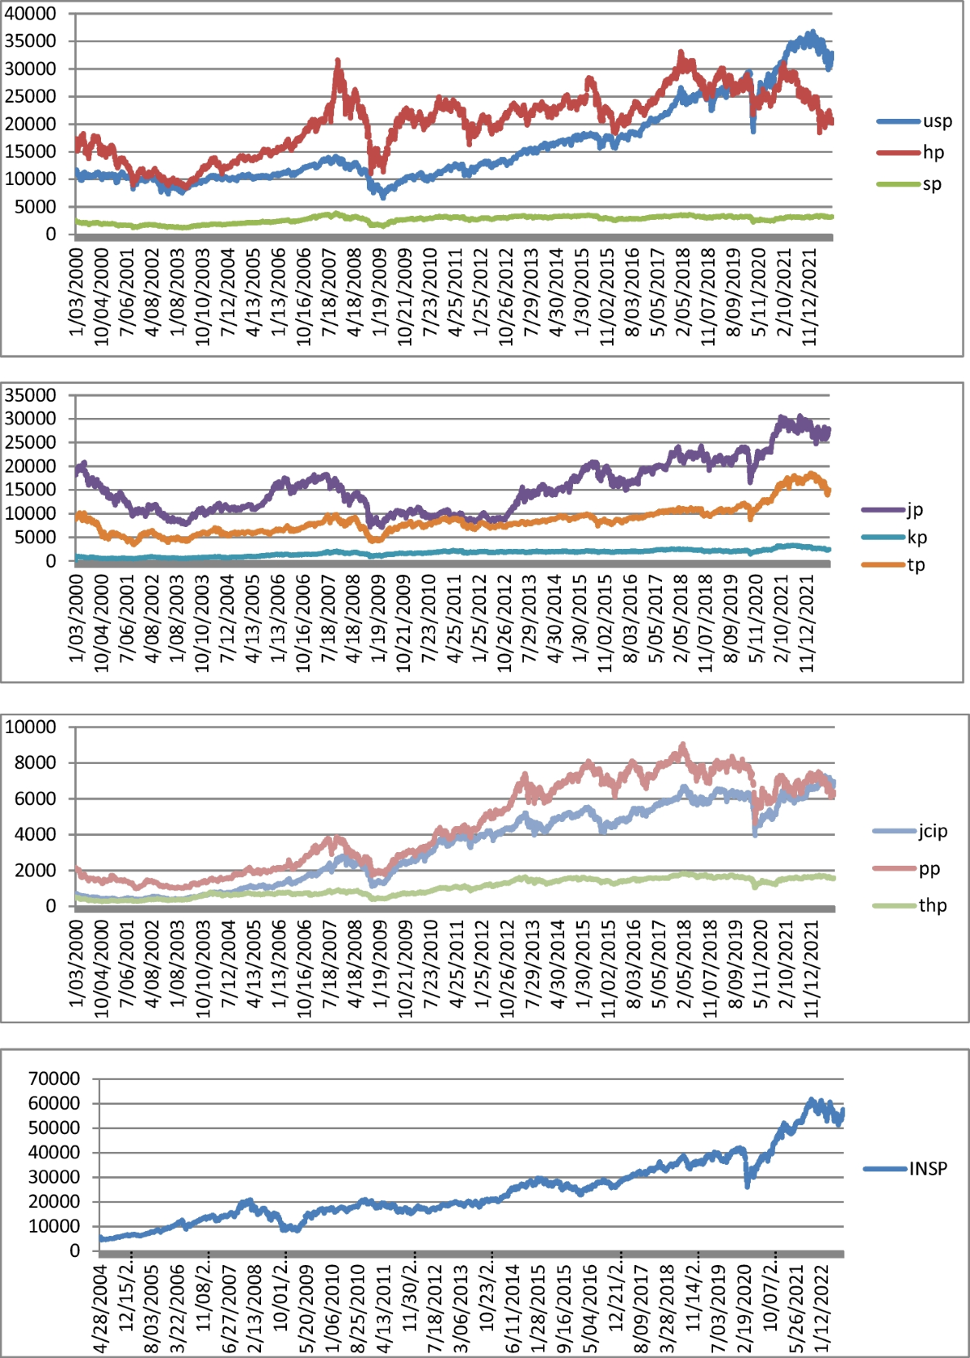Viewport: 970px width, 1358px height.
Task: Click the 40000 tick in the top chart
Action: pyautogui.click(x=31, y=14)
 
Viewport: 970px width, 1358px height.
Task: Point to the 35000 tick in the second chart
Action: pyautogui.click(x=31, y=395)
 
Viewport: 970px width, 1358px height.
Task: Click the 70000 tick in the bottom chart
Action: pyautogui.click(x=54, y=1078)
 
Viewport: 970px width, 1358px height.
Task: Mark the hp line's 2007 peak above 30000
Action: pyautogui.click(x=337, y=61)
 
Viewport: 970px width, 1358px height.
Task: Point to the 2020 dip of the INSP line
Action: pyautogui.click(x=747, y=1185)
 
